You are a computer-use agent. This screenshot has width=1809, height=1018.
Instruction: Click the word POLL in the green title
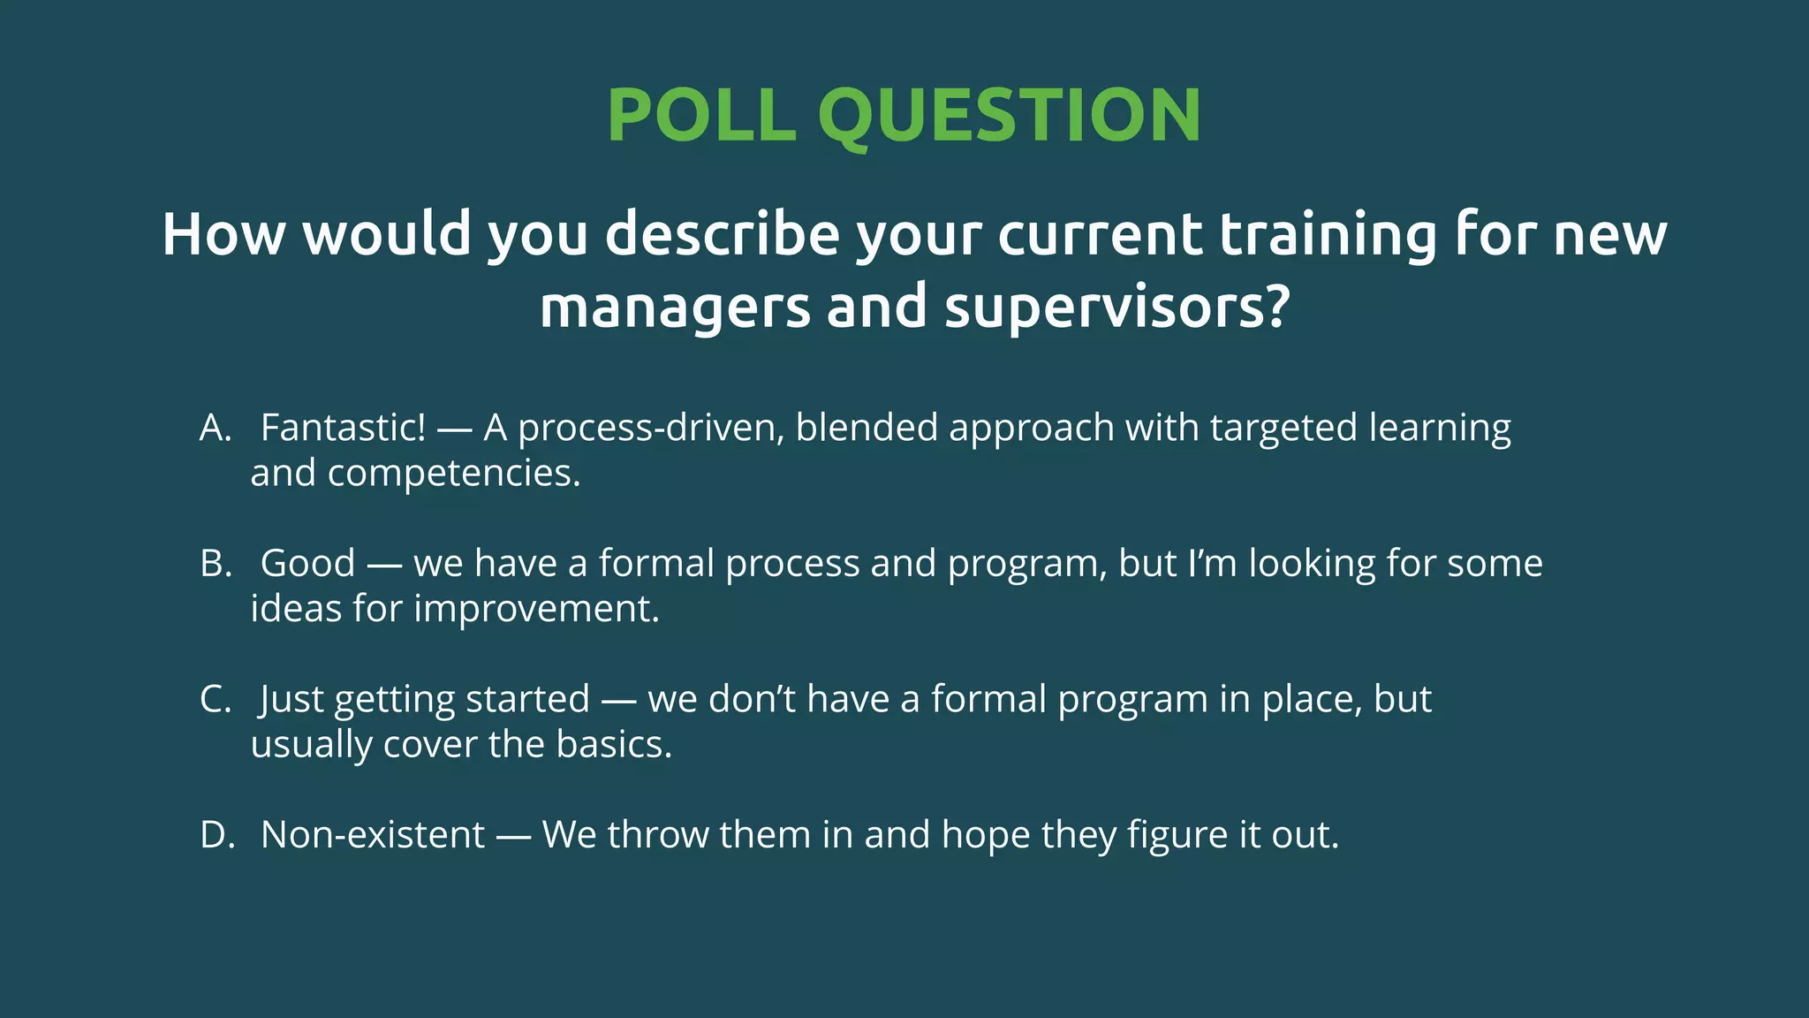click(701, 116)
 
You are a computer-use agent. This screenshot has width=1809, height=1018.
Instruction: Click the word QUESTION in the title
click(1010, 116)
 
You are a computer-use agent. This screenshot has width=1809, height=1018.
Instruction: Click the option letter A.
click(215, 429)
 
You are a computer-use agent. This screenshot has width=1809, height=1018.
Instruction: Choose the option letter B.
click(215, 564)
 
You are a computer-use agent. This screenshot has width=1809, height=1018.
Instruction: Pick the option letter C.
click(215, 700)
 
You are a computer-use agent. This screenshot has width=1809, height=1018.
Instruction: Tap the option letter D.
click(216, 835)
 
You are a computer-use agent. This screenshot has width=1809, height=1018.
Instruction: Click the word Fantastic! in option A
click(343, 429)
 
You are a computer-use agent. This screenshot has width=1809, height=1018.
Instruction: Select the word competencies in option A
click(453, 474)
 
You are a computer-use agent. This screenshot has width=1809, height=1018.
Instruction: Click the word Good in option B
click(307, 564)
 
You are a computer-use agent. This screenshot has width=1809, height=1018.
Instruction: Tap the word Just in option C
click(291, 700)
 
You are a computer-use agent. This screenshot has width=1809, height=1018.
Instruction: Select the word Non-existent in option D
click(373, 835)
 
